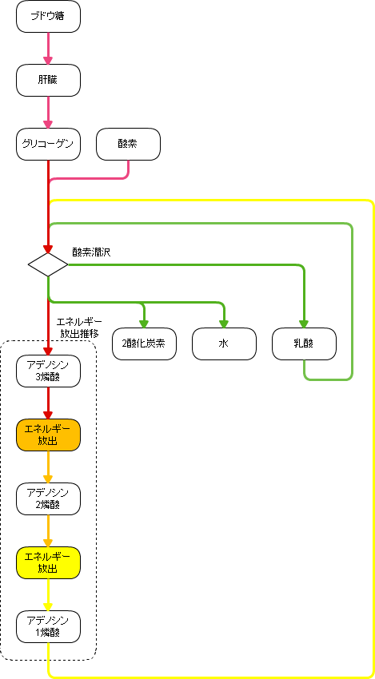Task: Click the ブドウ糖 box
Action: click(x=48, y=17)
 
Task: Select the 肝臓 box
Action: click(x=48, y=80)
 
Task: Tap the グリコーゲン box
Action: click(x=48, y=144)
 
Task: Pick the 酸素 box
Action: click(x=128, y=144)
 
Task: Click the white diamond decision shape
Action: click(x=48, y=264)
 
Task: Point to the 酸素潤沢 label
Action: click(x=91, y=252)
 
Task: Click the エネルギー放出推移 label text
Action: click(x=79, y=328)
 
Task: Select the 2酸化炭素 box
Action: click(x=145, y=343)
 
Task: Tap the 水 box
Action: click(x=224, y=343)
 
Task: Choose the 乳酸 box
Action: click(x=305, y=343)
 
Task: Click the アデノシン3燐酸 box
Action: click(x=48, y=371)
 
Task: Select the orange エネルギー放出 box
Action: click(x=48, y=435)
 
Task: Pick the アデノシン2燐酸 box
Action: click(x=48, y=498)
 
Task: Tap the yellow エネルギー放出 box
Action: click(x=48, y=562)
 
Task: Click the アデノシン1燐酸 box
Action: click(x=48, y=626)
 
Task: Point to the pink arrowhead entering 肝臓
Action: click(x=48, y=60)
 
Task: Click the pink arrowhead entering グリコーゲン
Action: click(x=48, y=123)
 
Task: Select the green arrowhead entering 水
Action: click(x=224, y=324)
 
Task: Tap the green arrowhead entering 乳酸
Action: click(x=304, y=324)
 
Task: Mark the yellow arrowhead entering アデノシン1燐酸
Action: click(x=48, y=606)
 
